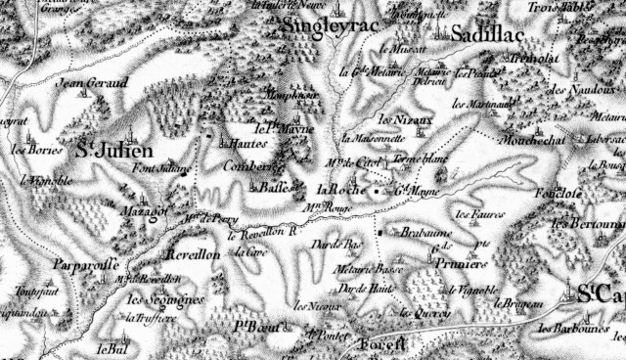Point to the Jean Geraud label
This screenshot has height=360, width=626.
click(x=94, y=84)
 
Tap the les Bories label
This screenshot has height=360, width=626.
click(x=30, y=152)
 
